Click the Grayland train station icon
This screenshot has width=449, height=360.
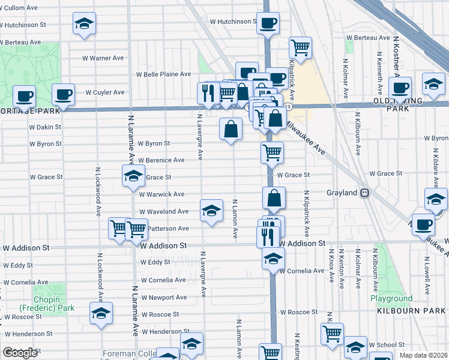364,193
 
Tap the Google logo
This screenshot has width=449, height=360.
20,353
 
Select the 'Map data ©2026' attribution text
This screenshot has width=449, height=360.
423,355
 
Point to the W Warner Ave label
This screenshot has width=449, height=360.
106,58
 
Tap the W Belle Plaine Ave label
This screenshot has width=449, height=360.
163,74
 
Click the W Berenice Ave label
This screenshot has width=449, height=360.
161,160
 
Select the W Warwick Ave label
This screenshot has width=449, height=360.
162,194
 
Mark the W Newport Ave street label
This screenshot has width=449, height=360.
163,297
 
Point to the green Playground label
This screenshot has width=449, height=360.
391,298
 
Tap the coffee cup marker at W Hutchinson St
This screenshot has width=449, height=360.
268,23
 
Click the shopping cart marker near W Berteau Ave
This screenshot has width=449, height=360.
300,47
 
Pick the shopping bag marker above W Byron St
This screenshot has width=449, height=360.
231,128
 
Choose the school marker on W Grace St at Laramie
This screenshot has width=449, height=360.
133,176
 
